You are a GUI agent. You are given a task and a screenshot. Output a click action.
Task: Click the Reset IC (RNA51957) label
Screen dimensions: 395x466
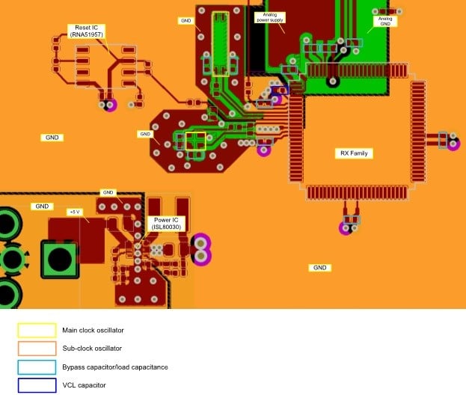(x=87, y=31)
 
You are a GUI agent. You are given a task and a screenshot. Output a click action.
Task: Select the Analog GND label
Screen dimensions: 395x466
(x=385, y=21)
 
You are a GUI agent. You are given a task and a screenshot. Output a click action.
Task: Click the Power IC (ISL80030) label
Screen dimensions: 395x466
(x=166, y=222)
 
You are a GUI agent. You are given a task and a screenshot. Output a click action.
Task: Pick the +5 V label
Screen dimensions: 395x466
(x=74, y=212)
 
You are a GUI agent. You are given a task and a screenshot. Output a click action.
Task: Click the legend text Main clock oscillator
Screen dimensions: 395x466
(x=93, y=330)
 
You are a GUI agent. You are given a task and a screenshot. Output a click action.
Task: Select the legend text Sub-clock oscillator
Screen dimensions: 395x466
(x=91, y=349)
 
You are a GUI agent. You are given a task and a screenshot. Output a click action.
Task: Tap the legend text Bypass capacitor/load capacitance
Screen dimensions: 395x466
(x=114, y=367)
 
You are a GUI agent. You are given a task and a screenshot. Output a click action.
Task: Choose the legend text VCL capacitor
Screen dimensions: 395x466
(x=84, y=385)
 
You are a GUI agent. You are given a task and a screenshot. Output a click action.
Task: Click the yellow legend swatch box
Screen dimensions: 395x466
(x=37, y=330)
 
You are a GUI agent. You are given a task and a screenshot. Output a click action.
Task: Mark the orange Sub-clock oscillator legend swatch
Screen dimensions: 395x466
(x=37, y=349)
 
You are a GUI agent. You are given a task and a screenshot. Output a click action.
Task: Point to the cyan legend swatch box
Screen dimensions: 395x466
(x=37, y=367)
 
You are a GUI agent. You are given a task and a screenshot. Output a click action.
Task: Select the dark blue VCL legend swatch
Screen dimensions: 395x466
(x=37, y=385)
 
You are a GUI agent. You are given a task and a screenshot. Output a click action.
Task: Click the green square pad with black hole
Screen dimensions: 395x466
(x=58, y=258)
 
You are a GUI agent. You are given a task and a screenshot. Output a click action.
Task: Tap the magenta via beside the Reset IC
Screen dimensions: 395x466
(x=111, y=105)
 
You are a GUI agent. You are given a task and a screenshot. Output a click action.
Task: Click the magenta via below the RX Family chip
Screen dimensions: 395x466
(x=346, y=228)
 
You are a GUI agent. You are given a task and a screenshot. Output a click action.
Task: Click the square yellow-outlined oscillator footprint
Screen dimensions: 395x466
(x=195, y=141)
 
